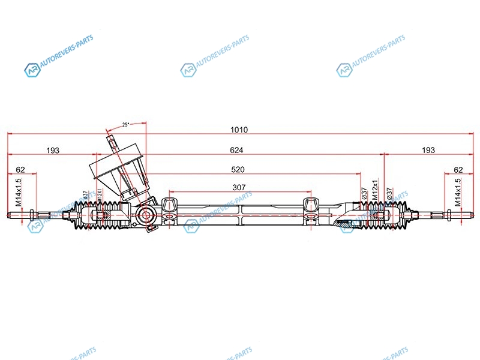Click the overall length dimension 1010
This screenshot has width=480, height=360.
239,130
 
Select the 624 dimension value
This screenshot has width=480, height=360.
240,150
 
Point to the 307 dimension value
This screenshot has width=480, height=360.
239,188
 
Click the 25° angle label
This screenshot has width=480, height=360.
125,125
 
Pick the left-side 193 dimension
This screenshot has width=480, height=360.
53,150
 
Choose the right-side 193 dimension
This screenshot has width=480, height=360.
428,150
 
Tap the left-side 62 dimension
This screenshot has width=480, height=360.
20,170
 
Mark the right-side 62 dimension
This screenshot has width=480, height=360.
459,170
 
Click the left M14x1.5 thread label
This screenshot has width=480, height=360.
18,192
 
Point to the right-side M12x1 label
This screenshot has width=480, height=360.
374,191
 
